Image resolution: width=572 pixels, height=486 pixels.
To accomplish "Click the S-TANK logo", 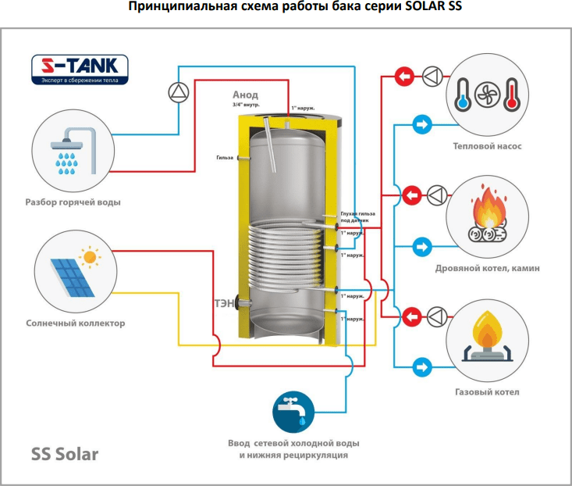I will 75,70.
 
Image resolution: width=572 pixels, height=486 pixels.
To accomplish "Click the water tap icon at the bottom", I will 293,411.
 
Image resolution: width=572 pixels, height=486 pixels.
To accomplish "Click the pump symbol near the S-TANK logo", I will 179,92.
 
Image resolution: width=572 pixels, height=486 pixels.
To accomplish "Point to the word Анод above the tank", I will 245,95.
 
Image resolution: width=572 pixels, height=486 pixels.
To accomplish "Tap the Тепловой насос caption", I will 487,145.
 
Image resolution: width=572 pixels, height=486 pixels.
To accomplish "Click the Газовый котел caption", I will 487,391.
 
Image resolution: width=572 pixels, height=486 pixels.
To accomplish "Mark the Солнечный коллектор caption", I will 75,323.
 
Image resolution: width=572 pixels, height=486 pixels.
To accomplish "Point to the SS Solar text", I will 65,454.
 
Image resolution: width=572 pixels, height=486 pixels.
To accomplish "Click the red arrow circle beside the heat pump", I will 404,77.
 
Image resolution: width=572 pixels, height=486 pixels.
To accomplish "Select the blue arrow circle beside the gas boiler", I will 422,365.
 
